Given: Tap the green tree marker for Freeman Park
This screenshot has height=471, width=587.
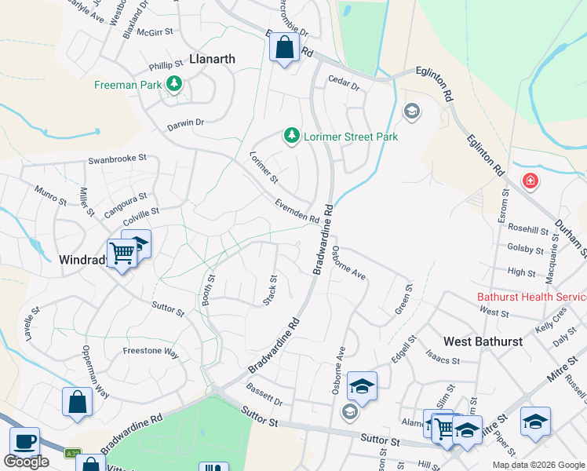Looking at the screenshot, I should [x=174, y=84].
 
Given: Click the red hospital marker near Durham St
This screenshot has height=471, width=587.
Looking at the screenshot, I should [x=530, y=181].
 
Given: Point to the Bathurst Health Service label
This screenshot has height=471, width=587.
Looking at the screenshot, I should [x=532, y=297].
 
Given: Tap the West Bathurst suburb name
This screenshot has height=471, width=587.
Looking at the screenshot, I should [x=483, y=341].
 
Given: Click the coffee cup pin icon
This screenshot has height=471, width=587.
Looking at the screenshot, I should [x=24, y=442].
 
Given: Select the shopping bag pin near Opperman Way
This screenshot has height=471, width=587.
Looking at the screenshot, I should [x=77, y=401].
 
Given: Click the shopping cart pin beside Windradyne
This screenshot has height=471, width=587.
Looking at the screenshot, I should [x=122, y=254].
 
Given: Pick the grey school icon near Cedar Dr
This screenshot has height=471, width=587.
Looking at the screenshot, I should [x=410, y=111].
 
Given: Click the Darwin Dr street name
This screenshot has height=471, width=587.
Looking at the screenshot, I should [x=185, y=122].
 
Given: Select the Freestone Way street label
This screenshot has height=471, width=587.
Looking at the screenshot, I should [x=151, y=353].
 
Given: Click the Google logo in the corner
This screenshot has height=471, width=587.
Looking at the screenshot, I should [x=26, y=462].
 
